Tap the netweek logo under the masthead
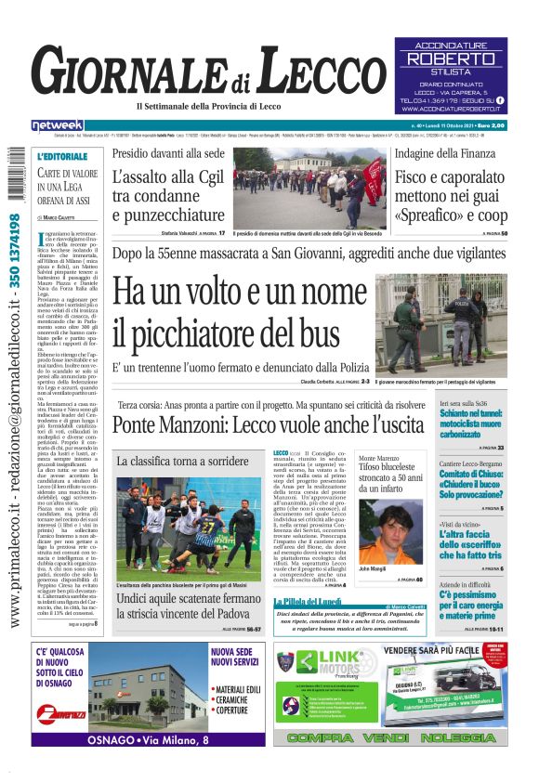click(58, 125)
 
